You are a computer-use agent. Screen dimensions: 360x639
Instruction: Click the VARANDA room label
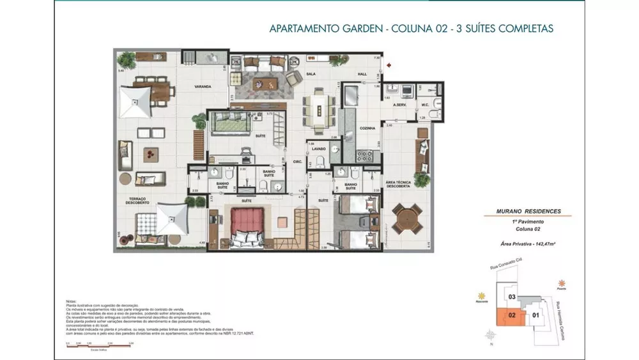click(203, 86)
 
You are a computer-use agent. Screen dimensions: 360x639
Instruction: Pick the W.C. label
click(424, 104)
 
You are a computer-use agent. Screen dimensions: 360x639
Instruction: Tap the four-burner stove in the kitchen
click(364, 155)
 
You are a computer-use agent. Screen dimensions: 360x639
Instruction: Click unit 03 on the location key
click(512, 297)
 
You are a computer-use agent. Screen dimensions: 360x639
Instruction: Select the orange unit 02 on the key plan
click(512, 315)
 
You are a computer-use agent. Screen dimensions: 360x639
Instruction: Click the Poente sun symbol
click(561, 282)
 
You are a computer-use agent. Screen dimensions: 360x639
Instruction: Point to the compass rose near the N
click(491, 335)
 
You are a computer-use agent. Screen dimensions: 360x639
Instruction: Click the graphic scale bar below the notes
click(99, 345)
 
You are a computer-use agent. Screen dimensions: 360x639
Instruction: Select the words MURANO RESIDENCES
click(528, 211)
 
